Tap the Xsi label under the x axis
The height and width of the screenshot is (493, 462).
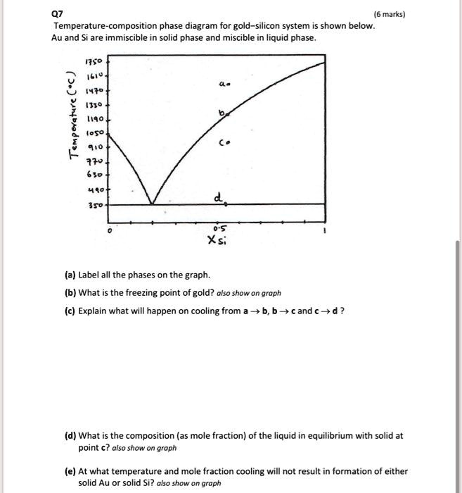217,242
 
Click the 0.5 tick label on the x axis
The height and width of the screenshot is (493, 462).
219,227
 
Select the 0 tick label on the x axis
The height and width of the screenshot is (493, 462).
108,230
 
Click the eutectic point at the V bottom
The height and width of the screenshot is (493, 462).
151,204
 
